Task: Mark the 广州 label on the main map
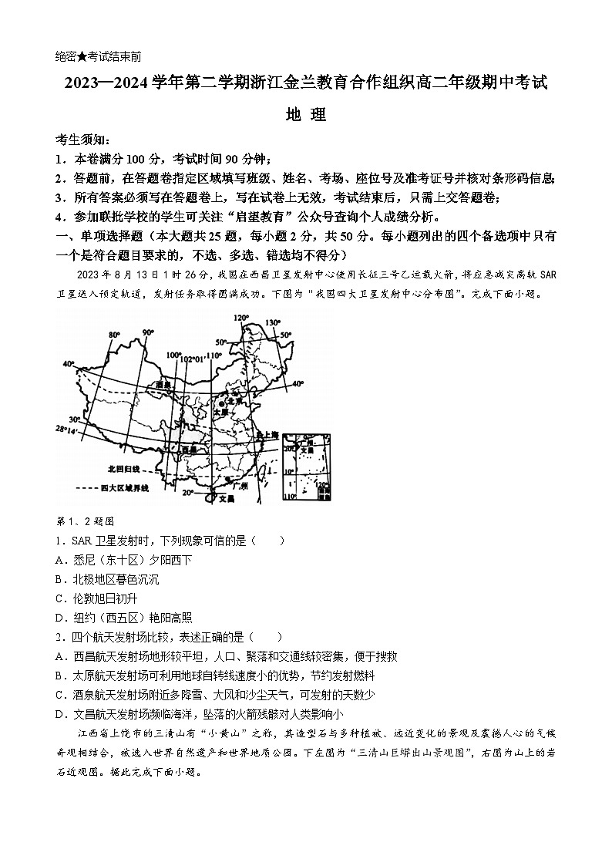[x=240, y=487]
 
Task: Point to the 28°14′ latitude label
[x=67, y=429]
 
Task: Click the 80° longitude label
[x=114, y=334]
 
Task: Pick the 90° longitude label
[x=148, y=332]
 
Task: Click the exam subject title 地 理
[x=306, y=116]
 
